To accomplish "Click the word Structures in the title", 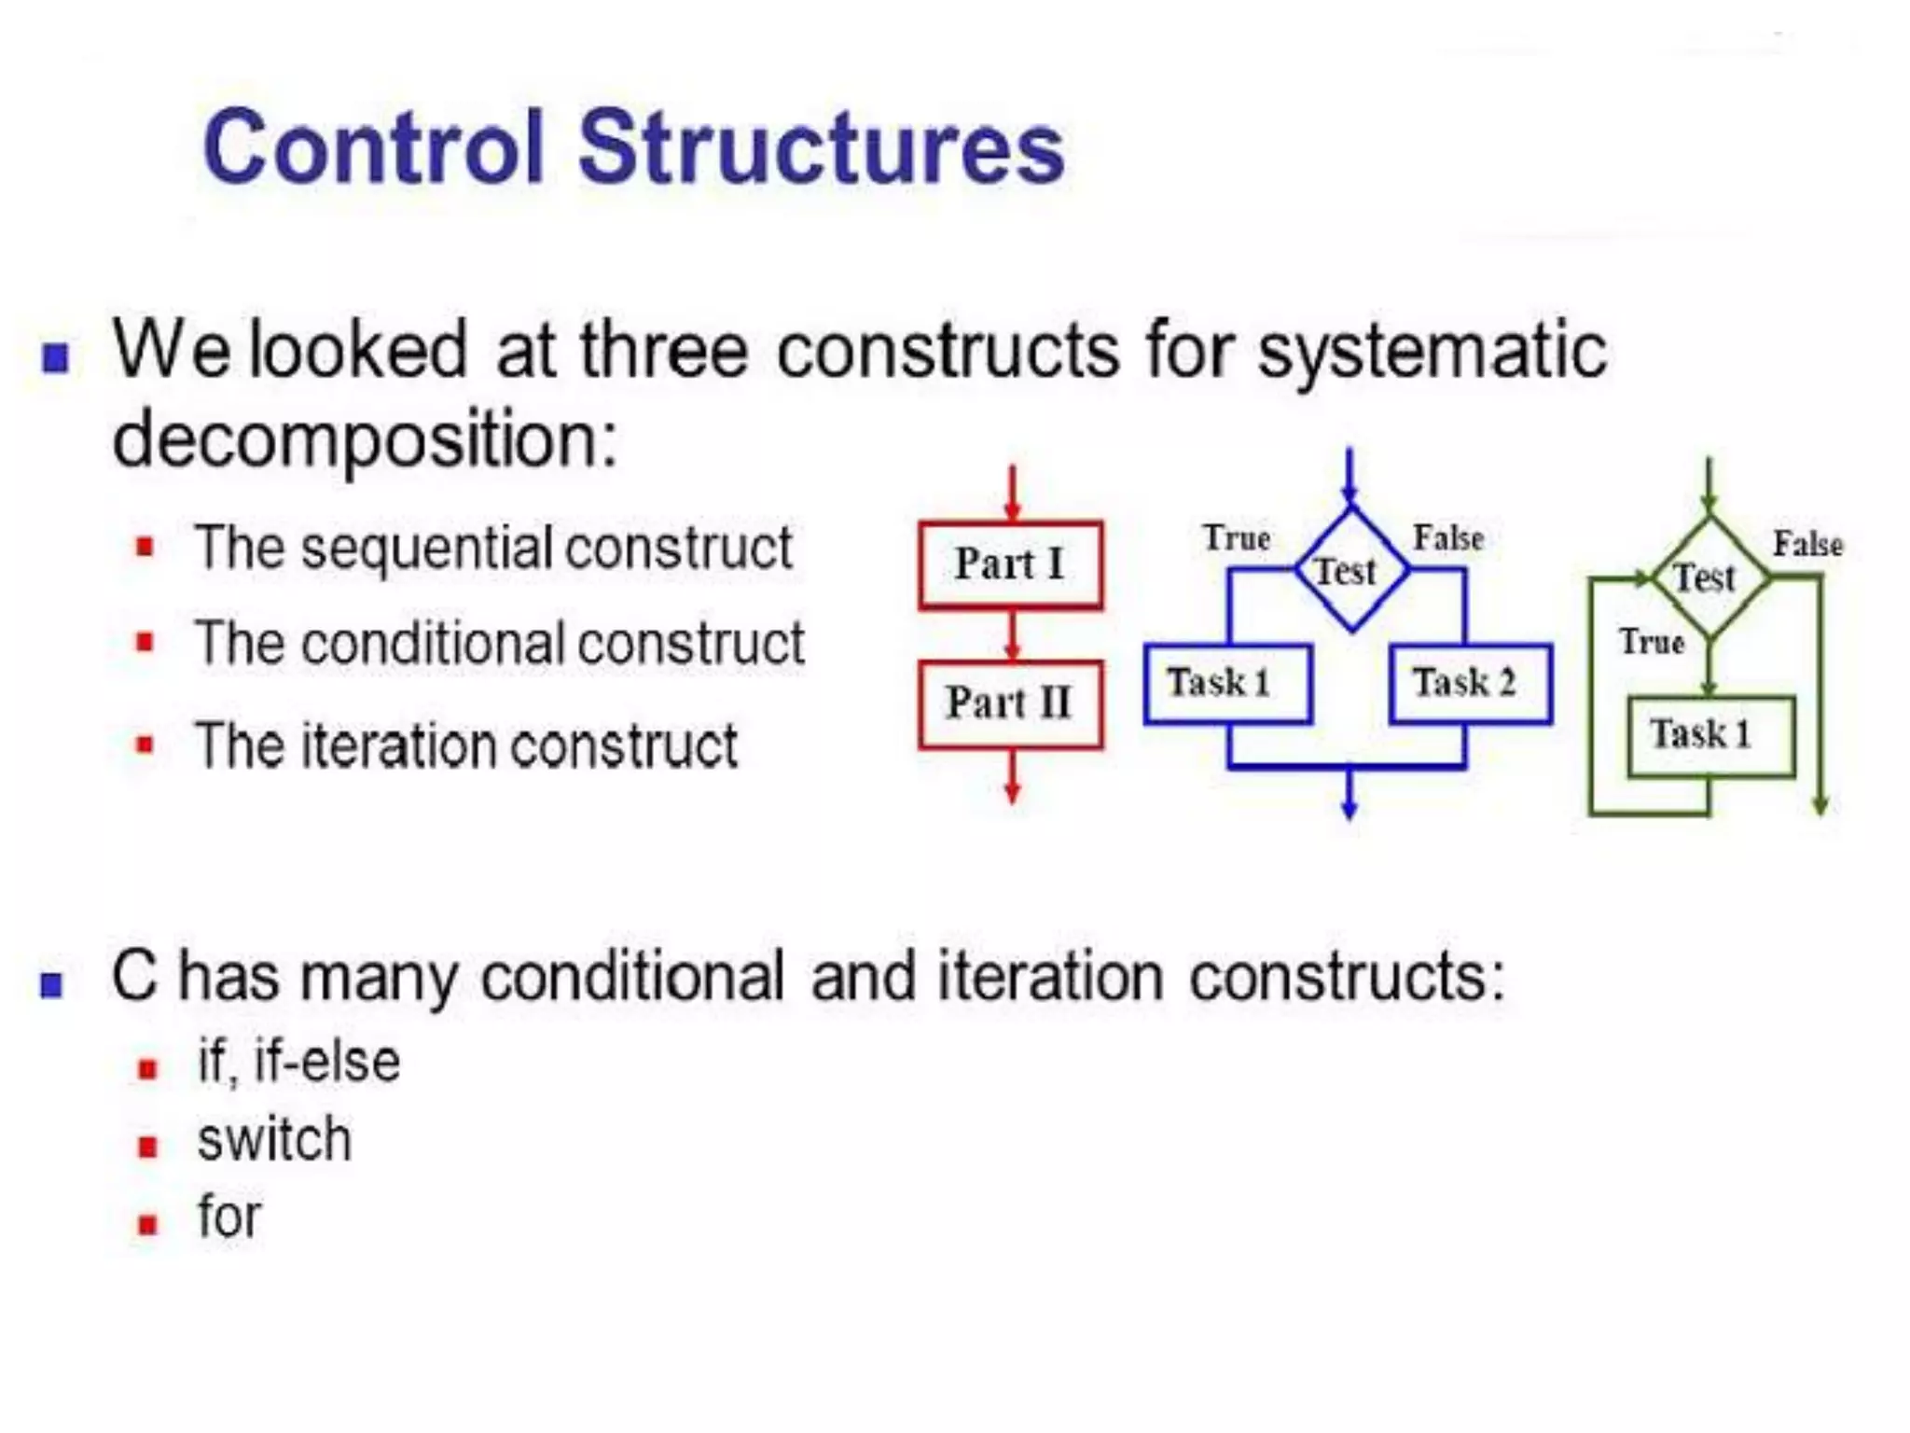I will pyautogui.click(x=821, y=149).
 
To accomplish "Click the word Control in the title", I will pyautogui.click(x=373, y=149).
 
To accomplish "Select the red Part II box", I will pyautogui.click(x=1010, y=704).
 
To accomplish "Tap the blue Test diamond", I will pyautogui.click(x=1349, y=570).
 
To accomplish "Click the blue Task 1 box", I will pyautogui.click(x=1227, y=684).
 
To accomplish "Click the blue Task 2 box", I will pyautogui.click(x=1470, y=684).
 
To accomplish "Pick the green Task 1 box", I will pyautogui.click(x=1710, y=735).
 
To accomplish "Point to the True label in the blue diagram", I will pyautogui.click(x=1237, y=538).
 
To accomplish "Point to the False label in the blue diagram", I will pyautogui.click(x=1448, y=538).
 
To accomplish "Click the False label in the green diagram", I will pyautogui.click(x=1807, y=544).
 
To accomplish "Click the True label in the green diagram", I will pyautogui.click(x=1652, y=642).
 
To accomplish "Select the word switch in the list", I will pyautogui.click(x=274, y=1140).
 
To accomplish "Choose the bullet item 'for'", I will pyautogui.click(x=229, y=1217).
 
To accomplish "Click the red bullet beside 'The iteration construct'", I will pyautogui.click(x=145, y=745).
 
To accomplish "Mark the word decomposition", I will pyautogui.click(x=364, y=440).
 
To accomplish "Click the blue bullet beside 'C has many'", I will pyautogui.click(x=52, y=985).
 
